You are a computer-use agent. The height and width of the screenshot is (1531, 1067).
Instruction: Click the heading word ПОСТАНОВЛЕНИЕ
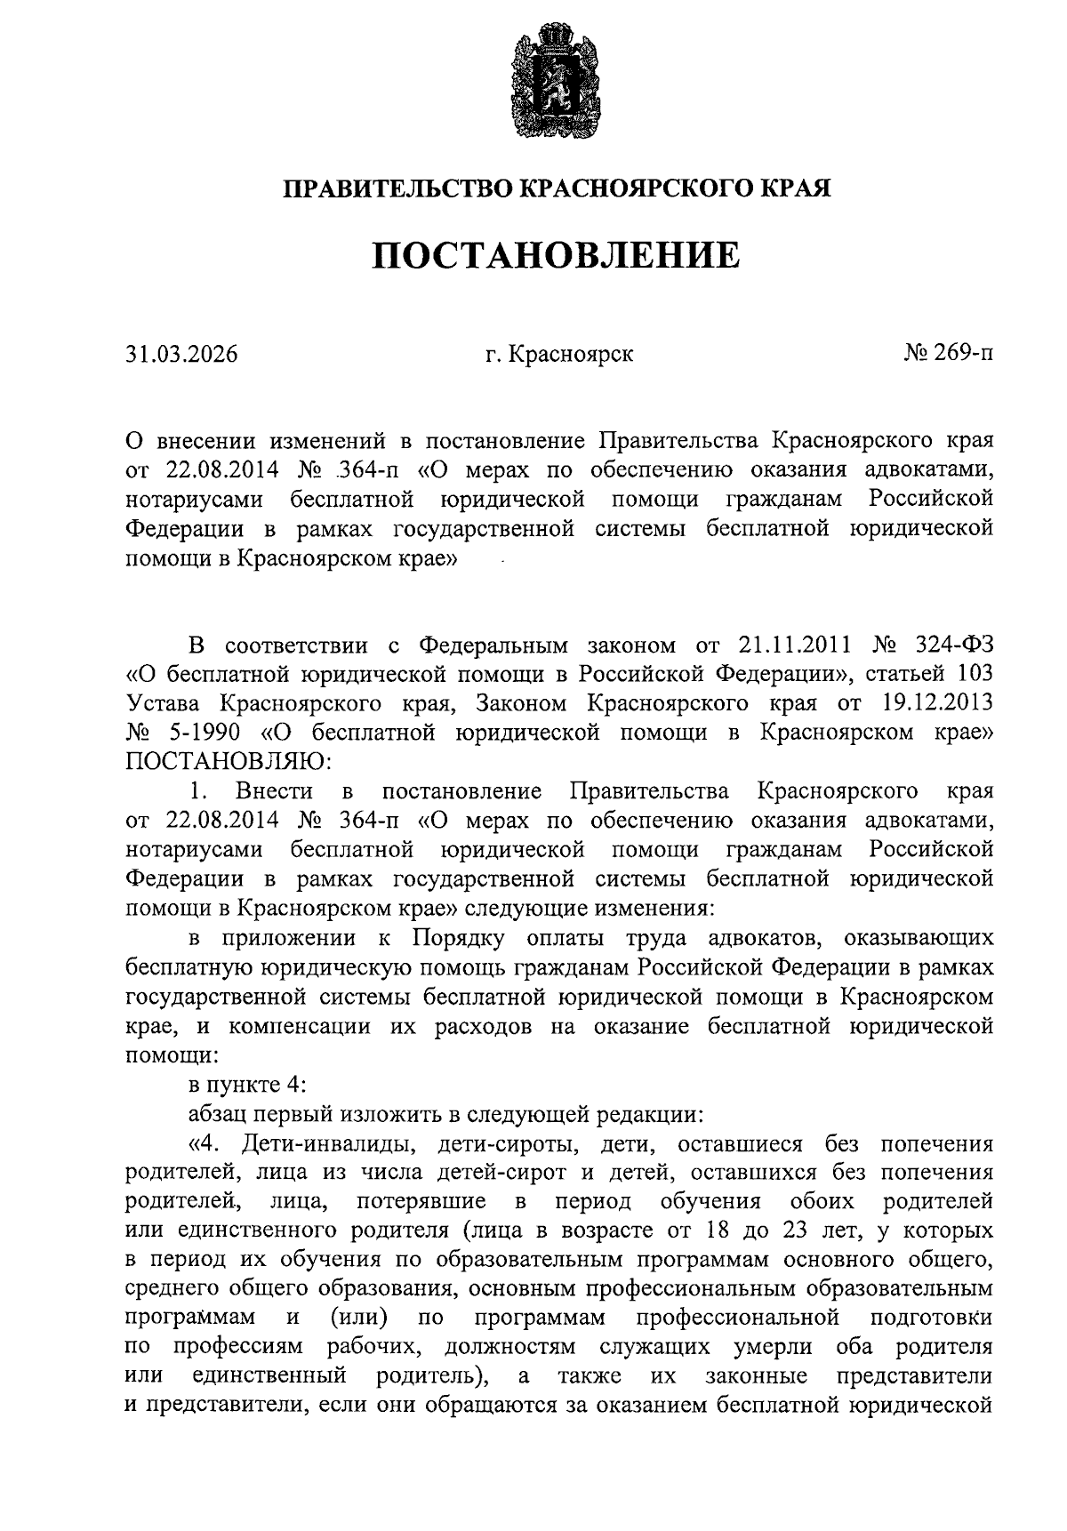tap(556, 255)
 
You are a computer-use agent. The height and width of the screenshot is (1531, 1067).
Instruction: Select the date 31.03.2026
tap(181, 355)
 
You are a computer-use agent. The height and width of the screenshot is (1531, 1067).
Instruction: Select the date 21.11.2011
tap(794, 645)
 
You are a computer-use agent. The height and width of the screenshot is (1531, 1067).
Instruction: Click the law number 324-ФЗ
tap(948, 645)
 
